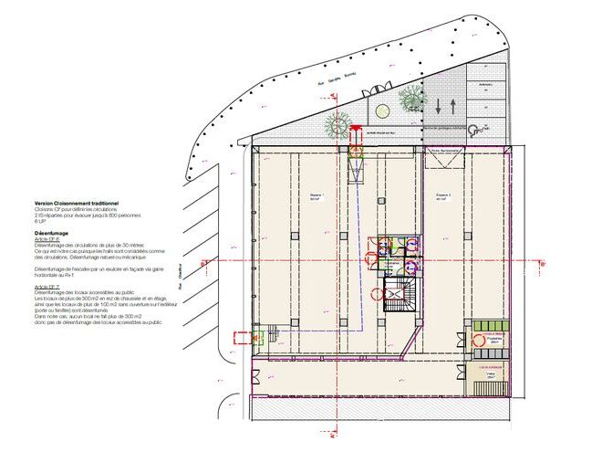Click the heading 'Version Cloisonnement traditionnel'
78,204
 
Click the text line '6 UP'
40,221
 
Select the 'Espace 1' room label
317,196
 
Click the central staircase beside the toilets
400,296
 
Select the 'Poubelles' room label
494,337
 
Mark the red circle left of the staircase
378,294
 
